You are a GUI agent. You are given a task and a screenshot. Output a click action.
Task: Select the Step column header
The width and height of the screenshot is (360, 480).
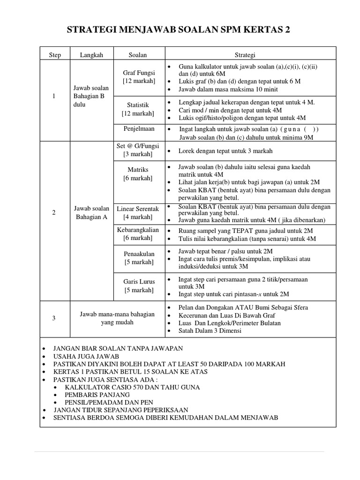pos(55,55)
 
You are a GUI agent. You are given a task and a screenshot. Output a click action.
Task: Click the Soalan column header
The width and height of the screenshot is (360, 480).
pos(138,55)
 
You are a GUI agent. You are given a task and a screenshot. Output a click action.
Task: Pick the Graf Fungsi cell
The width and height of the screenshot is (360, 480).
pos(139,77)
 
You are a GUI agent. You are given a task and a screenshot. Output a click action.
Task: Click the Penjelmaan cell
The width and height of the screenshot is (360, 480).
pos(138,128)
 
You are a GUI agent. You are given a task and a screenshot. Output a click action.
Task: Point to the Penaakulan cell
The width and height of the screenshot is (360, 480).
pos(138,258)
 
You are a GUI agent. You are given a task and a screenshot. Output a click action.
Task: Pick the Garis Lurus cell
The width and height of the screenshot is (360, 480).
pos(138,286)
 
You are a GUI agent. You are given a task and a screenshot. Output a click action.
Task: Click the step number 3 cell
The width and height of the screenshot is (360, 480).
pos(54,318)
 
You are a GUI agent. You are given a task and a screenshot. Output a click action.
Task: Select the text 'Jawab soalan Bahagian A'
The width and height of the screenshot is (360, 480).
pos(91,213)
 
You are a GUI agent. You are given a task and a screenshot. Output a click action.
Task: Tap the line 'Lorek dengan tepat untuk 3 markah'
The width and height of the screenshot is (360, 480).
pos(225,151)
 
